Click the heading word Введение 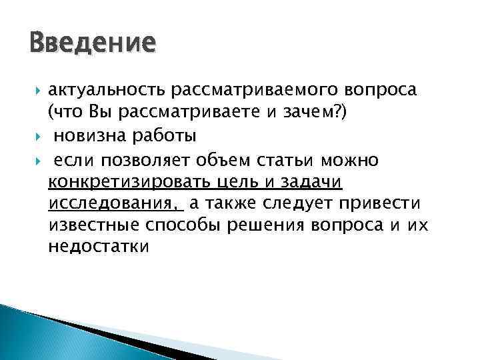(93, 44)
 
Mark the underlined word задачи (318, 181)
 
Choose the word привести (379, 203)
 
